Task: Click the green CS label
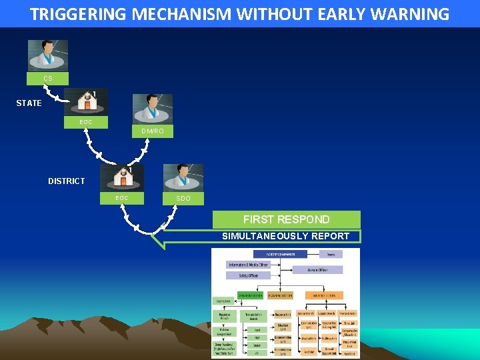coord(47,79)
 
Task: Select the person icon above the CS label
coord(47,55)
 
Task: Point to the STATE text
coord(29,103)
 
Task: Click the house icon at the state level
coord(86,102)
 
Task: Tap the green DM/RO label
coord(152,131)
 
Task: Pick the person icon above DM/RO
coord(152,108)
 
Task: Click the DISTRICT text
coord(66,181)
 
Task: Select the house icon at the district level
coord(121,178)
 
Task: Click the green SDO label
coord(183,199)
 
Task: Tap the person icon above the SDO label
coord(183,177)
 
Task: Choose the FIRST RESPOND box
coord(286,219)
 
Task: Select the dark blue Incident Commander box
coord(270,254)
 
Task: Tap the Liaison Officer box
coord(316,270)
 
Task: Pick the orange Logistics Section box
coord(325,295)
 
